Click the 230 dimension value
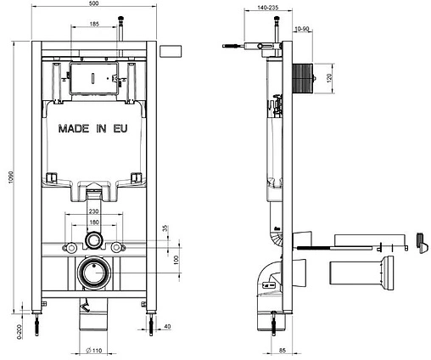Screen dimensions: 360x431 coord(94,211)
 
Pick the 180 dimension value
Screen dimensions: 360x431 coord(94,222)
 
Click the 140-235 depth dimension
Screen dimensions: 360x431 coord(256,7)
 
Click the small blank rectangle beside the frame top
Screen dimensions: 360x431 coord(171,48)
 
